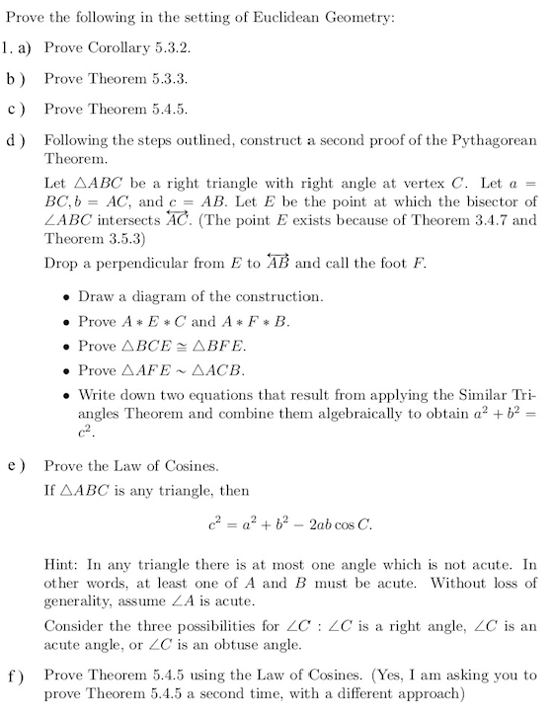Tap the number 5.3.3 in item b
tap(167, 77)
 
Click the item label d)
tap(15, 140)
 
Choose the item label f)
tap(15, 677)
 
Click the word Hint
tap(61, 564)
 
